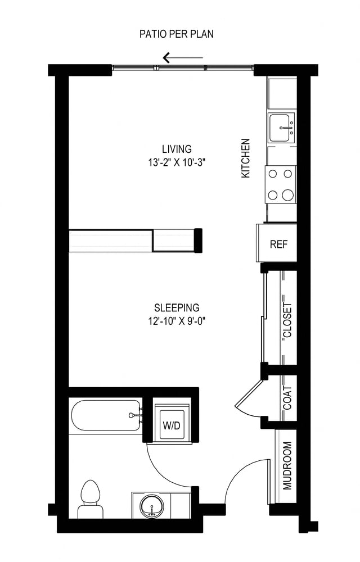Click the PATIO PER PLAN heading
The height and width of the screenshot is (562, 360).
click(x=176, y=34)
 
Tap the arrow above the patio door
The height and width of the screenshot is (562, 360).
click(x=182, y=57)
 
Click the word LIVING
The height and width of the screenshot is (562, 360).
click(x=177, y=149)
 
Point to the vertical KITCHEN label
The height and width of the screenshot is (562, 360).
click(x=245, y=159)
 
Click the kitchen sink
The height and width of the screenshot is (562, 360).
click(x=281, y=128)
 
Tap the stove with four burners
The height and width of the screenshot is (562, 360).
click(x=281, y=184)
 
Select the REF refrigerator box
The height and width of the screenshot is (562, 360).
click(x=278, y=244)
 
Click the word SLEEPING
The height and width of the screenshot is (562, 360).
click(x=177, y=308)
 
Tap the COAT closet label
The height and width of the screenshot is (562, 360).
click(x=287, y=397)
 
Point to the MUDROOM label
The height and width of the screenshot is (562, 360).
click(x=287, y=465)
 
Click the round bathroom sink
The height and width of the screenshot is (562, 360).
click(x=151, y=506)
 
